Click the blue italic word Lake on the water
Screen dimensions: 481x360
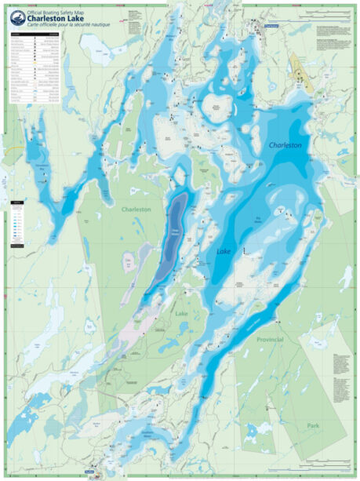pos(224,251)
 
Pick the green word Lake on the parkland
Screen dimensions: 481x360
pos(181,313)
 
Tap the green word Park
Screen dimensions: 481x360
pos(314,426)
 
